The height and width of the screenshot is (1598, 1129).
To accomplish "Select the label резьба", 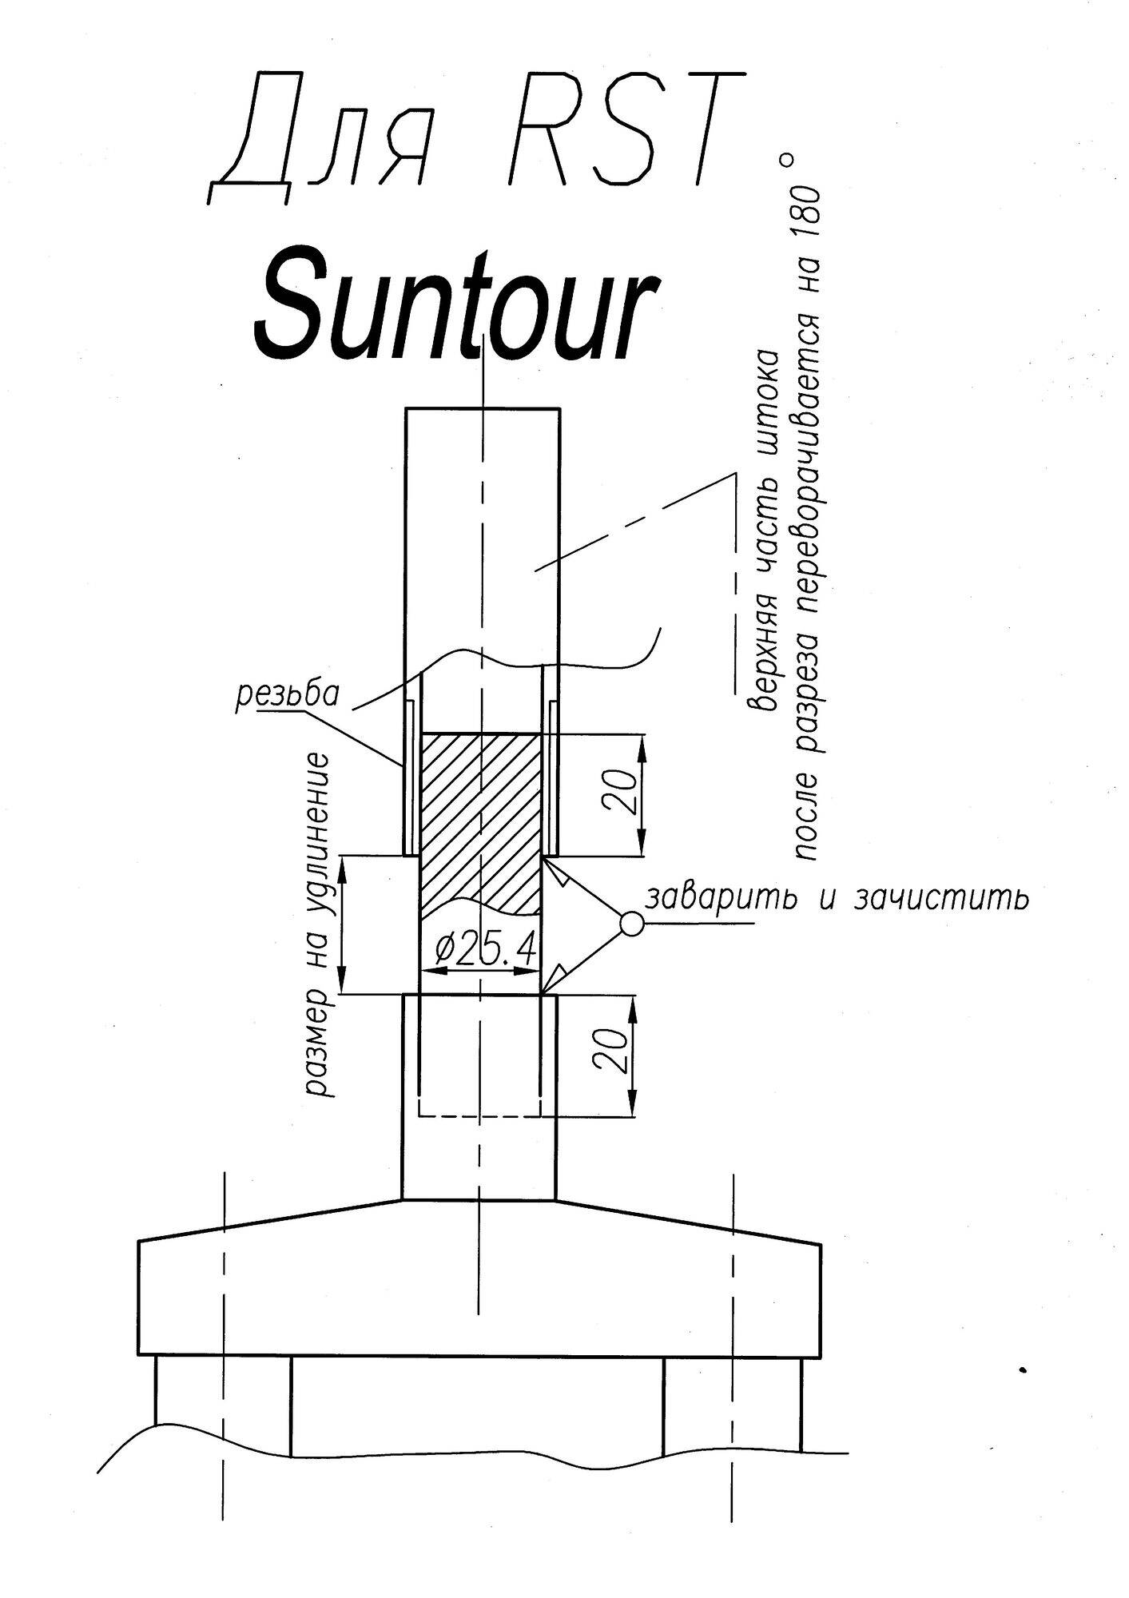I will pos(288,695).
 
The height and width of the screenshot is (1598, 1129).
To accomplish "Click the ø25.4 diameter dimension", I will pos(483,948).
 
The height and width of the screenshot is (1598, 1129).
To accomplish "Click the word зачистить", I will pos(940,898).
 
